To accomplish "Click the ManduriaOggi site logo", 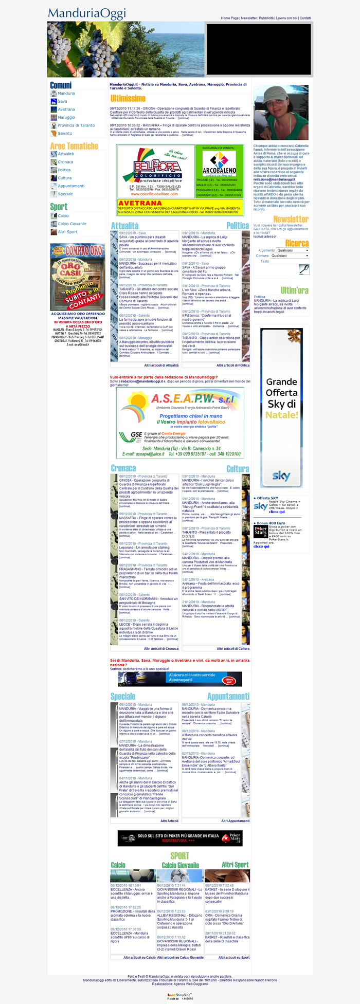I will [x=87, y=13].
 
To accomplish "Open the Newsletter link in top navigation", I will [x=248, y=18].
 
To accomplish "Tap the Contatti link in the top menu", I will [x=305, y=18].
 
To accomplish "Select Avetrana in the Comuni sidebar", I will [x=66, y=109].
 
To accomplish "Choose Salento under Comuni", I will [x=65, y=133].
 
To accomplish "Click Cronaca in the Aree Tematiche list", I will [x=65, y=162].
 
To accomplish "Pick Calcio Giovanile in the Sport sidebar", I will [x=72, y=224].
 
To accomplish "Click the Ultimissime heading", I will [x=128, y=98].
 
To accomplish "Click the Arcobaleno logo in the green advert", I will [x=220, y=164].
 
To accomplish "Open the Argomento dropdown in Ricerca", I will [x=290, y=250].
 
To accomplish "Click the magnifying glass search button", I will [x=304, y=269].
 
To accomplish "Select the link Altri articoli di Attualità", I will [x=161, y=366].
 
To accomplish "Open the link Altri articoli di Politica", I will [x=232, y=366].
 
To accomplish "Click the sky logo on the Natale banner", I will [x=281, y=476].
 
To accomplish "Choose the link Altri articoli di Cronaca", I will [x=161, y=648].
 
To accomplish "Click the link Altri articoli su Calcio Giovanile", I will [x=180, y=957].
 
